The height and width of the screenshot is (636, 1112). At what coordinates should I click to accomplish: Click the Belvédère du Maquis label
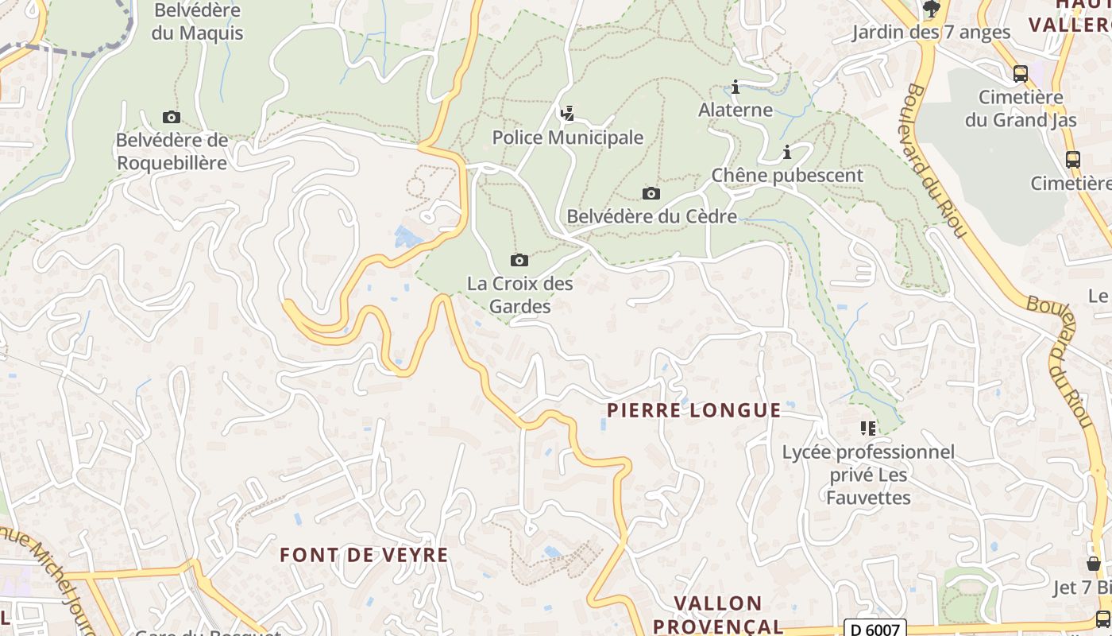point(198,22)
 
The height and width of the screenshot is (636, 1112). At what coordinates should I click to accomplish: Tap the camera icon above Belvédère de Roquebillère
point(171,118)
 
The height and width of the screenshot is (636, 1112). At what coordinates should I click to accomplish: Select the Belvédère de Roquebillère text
point(172,152)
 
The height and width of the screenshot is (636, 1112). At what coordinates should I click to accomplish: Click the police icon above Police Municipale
point(567,114)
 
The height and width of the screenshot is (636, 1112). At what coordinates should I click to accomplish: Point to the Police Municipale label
point(567,138)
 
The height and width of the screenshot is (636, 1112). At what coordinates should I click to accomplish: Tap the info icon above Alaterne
point(736,87)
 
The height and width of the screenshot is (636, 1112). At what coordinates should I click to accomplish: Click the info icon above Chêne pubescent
point(787,152)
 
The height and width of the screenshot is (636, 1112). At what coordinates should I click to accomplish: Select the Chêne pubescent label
point(787,176)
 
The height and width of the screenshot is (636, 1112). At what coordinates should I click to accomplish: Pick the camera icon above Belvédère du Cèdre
point(651,193)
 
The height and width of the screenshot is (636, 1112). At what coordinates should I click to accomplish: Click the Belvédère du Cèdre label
point(651,216)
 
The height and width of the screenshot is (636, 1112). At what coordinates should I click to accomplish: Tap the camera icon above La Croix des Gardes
point(519,260)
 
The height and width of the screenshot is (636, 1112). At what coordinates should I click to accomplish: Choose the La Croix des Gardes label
point(519,294)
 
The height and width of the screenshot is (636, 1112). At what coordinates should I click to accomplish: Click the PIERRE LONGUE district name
point(693,410)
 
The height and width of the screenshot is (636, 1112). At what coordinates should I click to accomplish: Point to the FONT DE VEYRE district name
point(364,555)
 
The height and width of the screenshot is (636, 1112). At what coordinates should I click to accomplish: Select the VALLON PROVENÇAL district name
point(718,615)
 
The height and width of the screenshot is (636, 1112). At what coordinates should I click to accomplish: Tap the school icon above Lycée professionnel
point(868,429)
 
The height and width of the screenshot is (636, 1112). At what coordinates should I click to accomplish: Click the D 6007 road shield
point(874,630)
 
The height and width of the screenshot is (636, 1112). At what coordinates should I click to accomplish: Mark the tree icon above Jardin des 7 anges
point(931,10)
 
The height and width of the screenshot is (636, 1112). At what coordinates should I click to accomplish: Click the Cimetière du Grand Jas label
point(1021,109)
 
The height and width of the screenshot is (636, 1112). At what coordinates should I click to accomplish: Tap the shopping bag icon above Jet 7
point(1094,564)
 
